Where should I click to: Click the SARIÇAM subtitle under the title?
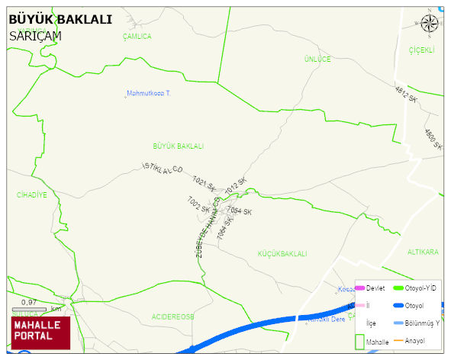click(36, 35)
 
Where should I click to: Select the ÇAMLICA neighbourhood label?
click(137, 37)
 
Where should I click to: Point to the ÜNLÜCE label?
click(317, 59)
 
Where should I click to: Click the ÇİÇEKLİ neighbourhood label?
click(421, 50)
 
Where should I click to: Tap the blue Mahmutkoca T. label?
click(150, 93)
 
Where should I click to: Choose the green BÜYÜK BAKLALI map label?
click(179, 146)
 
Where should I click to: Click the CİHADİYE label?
click(32, 194)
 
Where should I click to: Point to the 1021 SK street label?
click(205, 183)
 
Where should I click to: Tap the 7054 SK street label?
click(240, 211)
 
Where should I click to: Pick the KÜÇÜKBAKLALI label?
click(282, 253)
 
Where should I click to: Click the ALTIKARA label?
click(423, 252)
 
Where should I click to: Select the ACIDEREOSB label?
click(172, 315)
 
